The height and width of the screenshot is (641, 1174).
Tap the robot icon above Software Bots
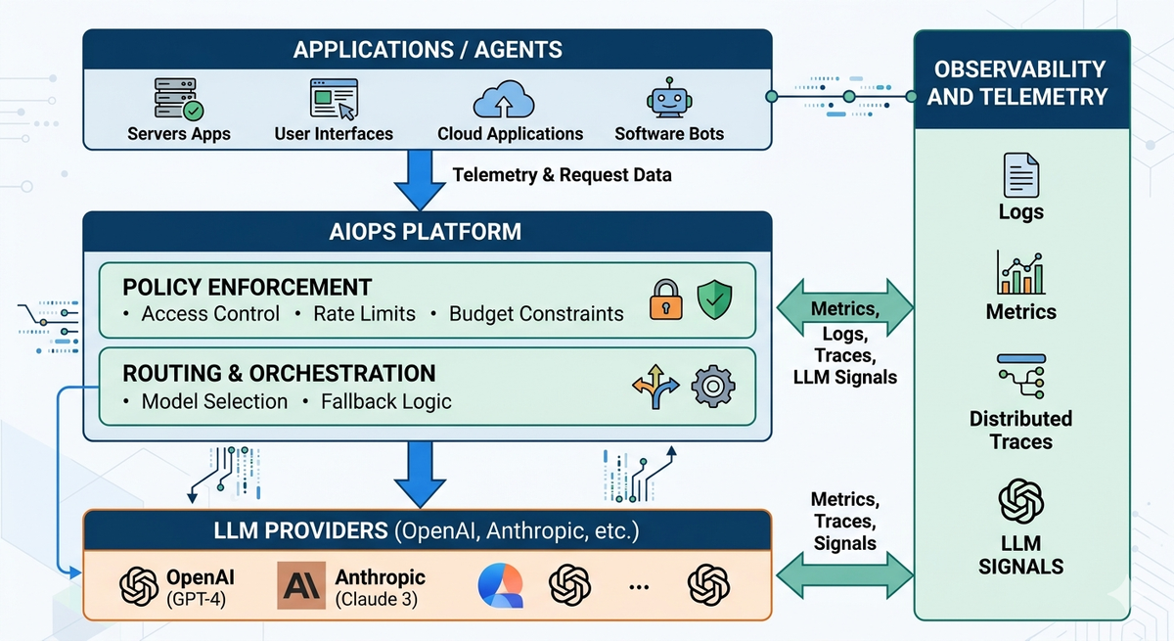pos(669,100)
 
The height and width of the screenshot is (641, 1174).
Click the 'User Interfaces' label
pos(334,134)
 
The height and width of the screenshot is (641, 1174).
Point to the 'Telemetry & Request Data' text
pos(562,175)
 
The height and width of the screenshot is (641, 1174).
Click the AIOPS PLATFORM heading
pos(428,232)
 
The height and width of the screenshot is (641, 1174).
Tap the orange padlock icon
pos(665,299)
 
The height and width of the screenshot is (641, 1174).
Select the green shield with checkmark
pos(714,299)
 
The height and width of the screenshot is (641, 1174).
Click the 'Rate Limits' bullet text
pos(364,314)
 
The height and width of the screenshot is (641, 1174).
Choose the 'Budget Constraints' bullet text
pos(536,314)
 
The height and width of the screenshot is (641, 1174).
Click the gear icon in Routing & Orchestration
pos(713,387)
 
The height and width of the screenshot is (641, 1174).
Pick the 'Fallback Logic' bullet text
pos(386,401)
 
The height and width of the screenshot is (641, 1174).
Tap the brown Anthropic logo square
pos(301,585)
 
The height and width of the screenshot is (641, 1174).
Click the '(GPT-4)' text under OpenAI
pos(197,598)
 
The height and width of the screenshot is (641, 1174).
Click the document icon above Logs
pos(1020,176)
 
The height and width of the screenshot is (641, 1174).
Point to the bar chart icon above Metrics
pos(1020,273)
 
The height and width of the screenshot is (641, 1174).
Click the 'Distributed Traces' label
pos(1020,430)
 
